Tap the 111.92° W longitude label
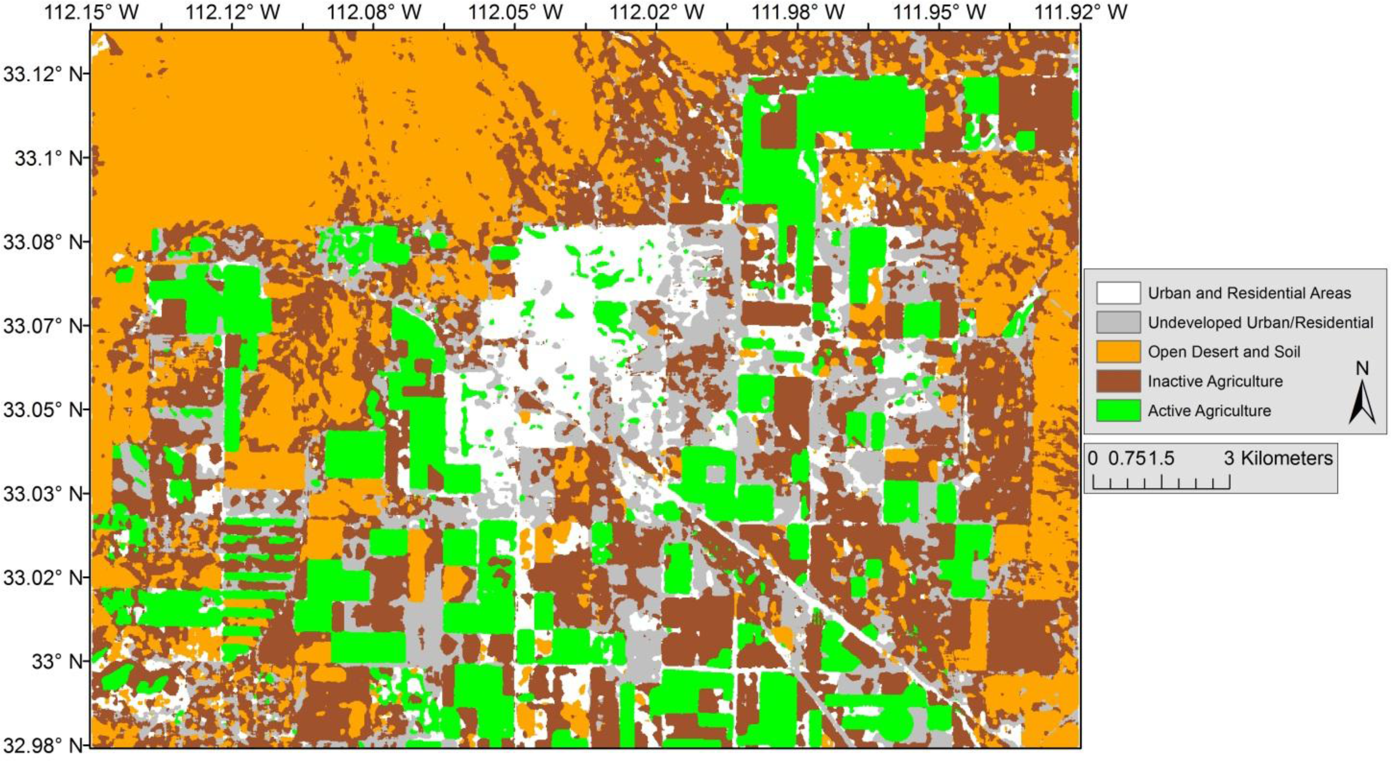(1080, 12)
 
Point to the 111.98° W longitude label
(798, 12)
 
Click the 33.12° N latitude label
(43, 74)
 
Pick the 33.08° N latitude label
(43, 242)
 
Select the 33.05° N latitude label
(43, 410)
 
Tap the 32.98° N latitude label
(43, 745)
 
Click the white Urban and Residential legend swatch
(1118, 293)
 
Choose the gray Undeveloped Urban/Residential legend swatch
(1118, 322)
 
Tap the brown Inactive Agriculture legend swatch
(1118, 381)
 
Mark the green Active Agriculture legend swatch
(1118, 411)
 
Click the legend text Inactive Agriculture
(1215, 381)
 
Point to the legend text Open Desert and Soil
(1224, 352)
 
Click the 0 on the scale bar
(1093, 458)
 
